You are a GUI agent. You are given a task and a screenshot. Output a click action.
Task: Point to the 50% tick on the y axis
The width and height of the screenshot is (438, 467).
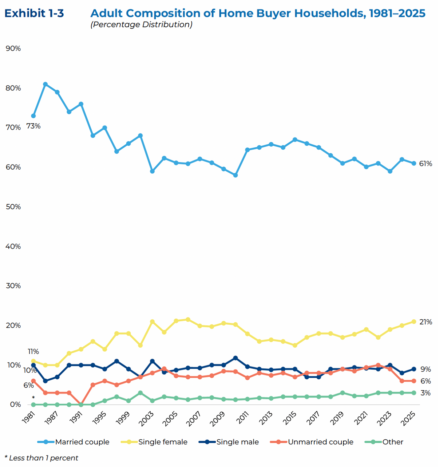[13, 207]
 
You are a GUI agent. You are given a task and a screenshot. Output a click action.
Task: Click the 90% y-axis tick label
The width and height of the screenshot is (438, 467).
[13, 49]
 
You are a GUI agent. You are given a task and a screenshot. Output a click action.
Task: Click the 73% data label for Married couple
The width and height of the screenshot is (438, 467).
[33, 126]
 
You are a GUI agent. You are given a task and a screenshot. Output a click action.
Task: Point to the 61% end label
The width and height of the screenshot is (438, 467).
[426, 164]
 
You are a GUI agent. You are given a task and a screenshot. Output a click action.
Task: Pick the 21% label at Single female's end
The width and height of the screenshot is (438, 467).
[426, 322]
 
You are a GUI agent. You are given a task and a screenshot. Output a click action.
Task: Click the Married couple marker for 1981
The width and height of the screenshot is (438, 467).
[33, 116]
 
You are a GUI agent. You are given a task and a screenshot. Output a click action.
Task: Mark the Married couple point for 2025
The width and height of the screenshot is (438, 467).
[414, 163]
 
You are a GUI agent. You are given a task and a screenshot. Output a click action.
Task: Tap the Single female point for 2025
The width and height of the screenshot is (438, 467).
[414, 322]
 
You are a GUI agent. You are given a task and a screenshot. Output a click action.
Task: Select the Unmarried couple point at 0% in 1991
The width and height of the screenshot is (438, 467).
[81, 404]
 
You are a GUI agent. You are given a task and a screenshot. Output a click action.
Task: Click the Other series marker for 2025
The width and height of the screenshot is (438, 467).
[414, 393]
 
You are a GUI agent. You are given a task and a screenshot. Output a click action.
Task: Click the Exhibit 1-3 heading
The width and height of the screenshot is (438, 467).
[34, 13]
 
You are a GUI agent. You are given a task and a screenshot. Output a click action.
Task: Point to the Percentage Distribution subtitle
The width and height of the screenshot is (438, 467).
[141, 25]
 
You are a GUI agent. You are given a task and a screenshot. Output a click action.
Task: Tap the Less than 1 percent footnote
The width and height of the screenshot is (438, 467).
[41, 458]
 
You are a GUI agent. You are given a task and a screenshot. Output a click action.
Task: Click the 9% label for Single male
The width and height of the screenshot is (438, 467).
[426, 369]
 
